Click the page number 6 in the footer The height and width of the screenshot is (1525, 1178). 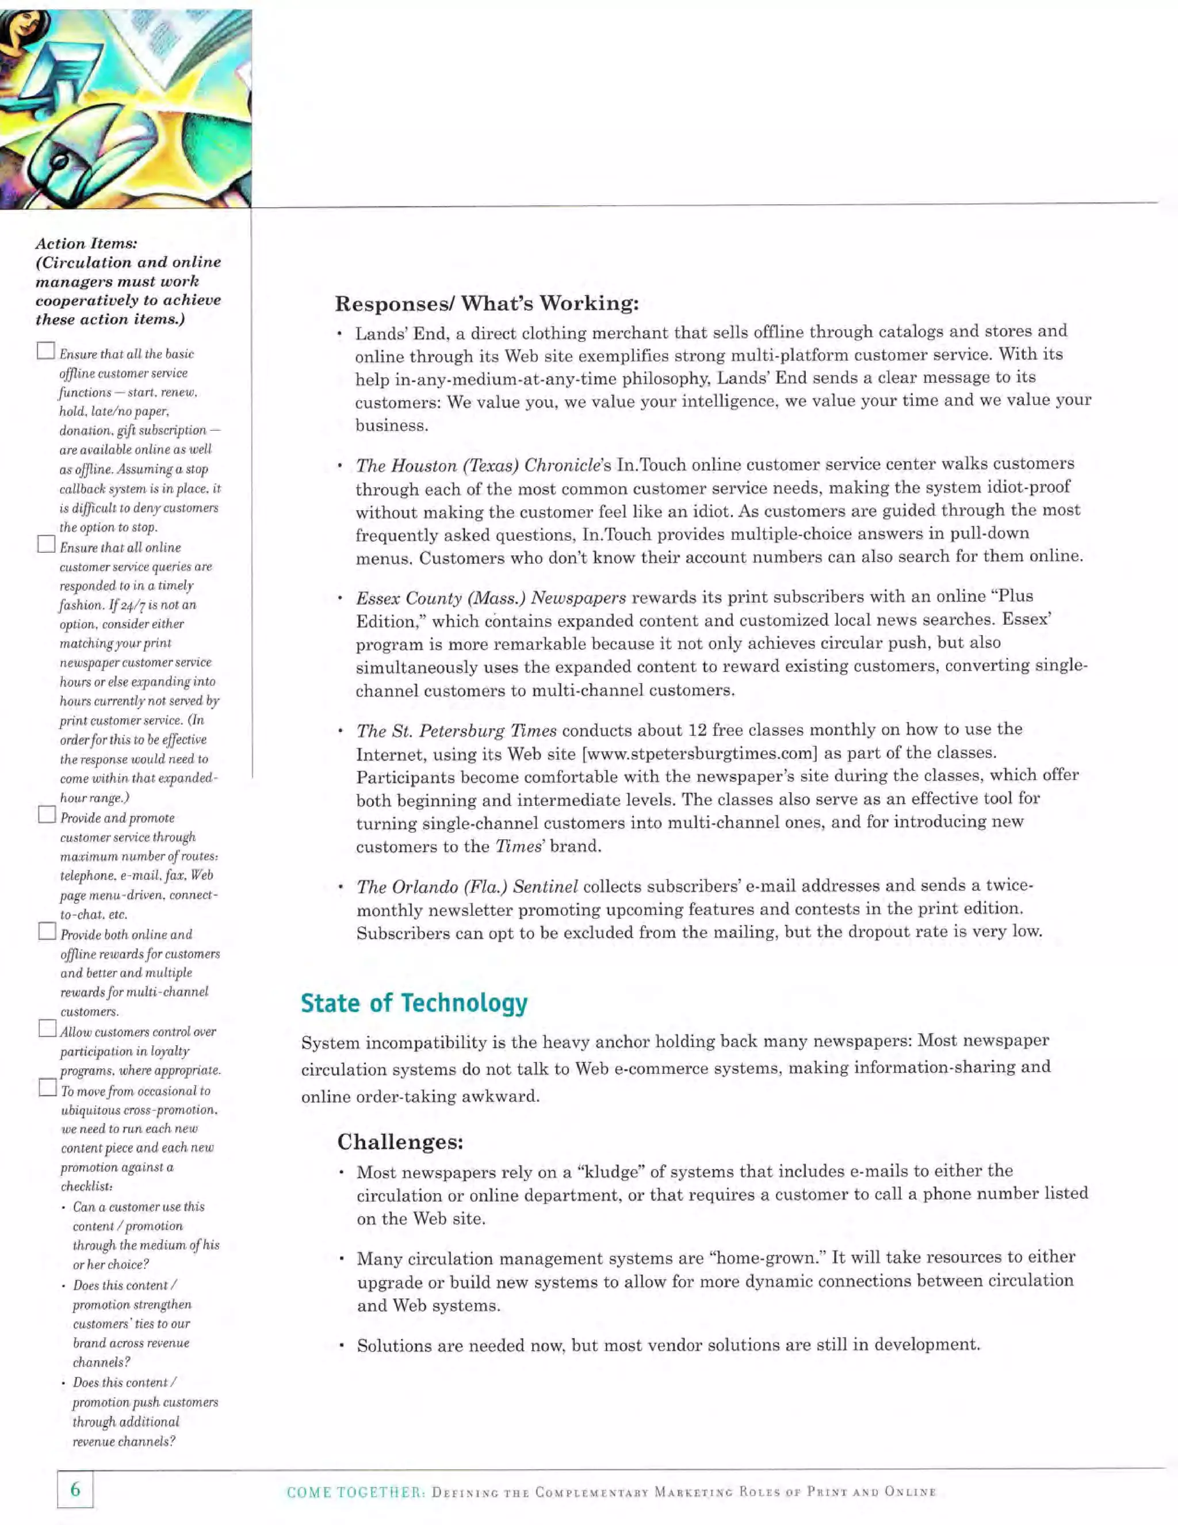tap(75, 1489)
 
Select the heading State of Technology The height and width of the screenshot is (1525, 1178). tap(414, 1003)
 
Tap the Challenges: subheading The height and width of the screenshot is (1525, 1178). tap(400, 1142)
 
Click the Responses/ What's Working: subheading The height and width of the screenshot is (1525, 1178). tap(487, 303)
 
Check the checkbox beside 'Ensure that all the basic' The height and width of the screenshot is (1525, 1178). tap(46, 350)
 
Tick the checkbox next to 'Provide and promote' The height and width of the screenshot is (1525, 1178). tap(47, 814)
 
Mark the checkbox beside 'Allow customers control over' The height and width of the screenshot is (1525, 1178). tap(47, 1029)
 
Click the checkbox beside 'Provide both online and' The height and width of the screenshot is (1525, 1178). tap(47, 931)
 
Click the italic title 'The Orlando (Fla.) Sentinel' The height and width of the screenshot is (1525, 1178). tap(467, 887)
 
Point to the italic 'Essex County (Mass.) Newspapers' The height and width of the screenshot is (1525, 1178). tap(491, 598)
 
